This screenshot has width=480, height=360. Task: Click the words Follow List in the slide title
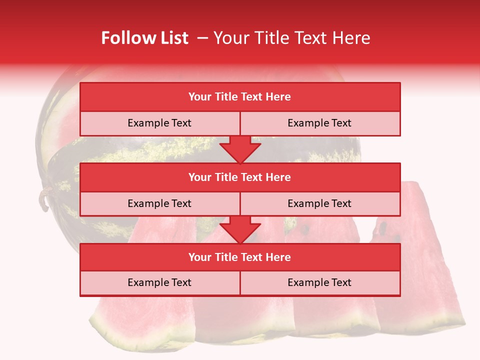[x=144, y=38]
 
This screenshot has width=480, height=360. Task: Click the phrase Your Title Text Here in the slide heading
[x=291, y=38]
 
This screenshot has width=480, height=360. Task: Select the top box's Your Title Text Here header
[x=239, y=97]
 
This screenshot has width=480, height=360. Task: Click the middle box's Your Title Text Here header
[x=239, y=177]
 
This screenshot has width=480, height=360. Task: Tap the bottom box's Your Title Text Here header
[x=239, y=257]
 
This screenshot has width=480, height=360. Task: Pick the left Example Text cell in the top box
[x=159, y=123]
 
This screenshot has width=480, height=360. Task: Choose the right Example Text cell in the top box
[x=319, y=123]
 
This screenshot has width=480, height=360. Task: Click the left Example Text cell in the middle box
[x=159, y=203]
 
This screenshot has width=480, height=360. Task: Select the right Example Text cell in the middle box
[x=319, y=203]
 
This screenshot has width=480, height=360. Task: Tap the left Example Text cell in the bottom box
[x=159, y=282]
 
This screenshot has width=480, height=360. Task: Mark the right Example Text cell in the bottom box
[x=319, y=282]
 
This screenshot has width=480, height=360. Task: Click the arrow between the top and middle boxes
[x=240, y=149]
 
